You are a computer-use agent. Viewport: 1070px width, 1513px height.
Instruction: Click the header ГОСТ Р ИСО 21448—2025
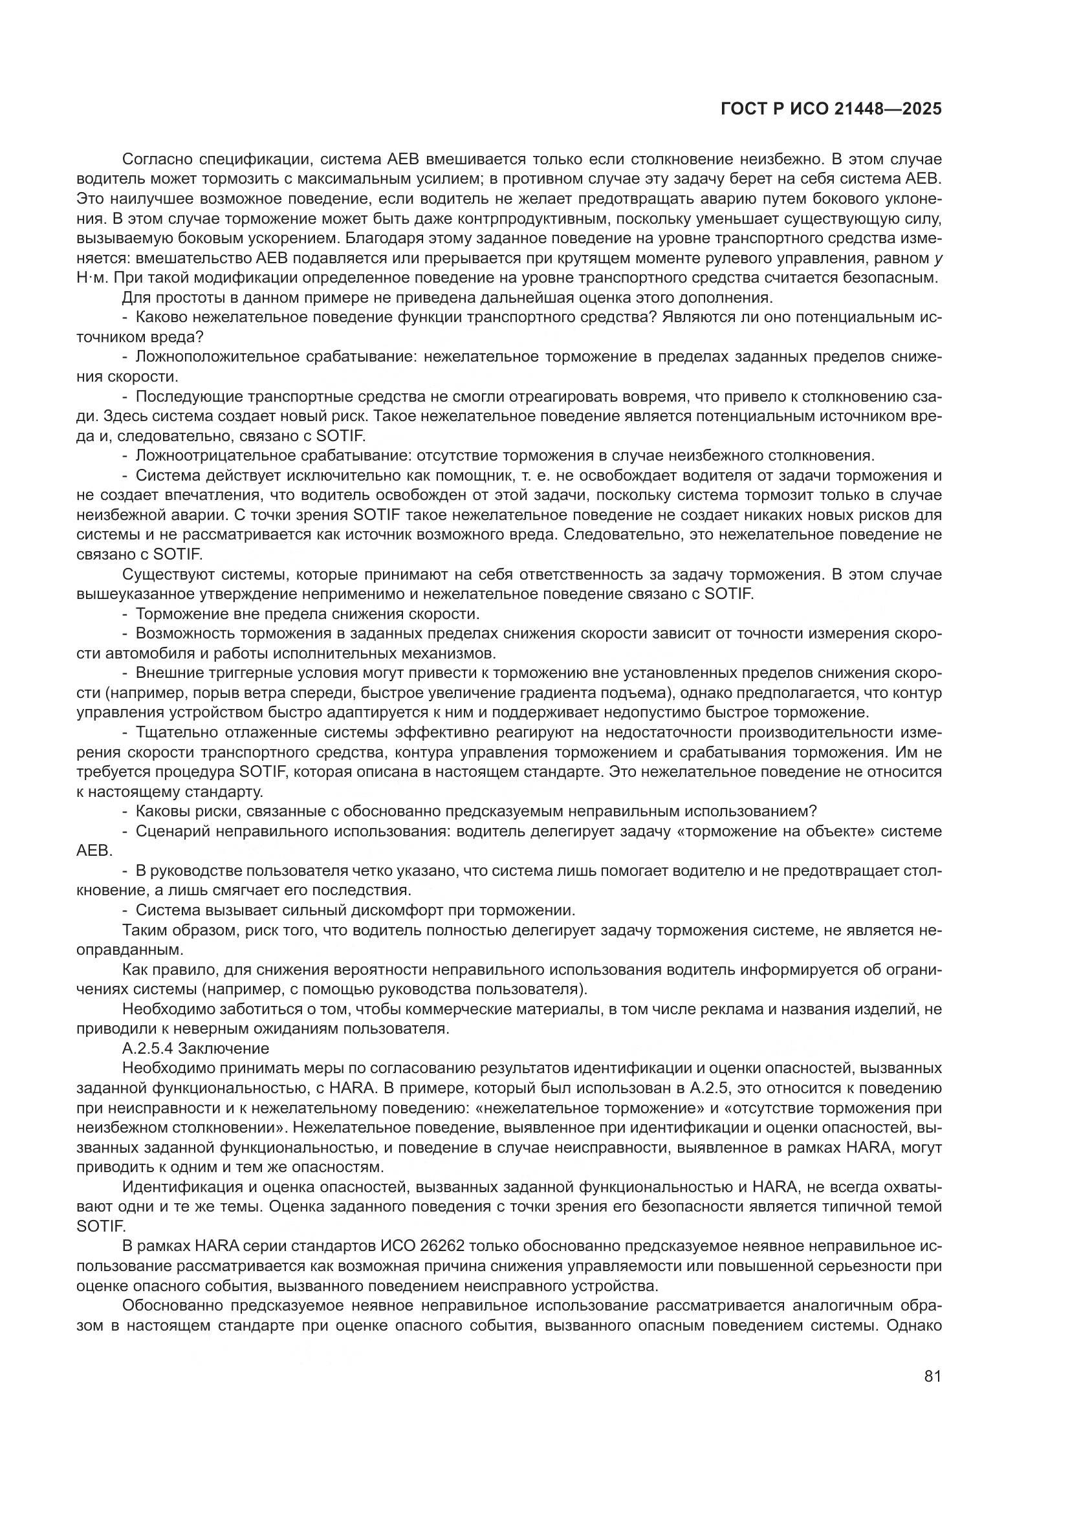click(831, 109)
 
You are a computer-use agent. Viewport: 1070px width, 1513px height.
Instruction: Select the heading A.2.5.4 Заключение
click(195, 1048)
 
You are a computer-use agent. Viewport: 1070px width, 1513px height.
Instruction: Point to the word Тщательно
click(171, 732)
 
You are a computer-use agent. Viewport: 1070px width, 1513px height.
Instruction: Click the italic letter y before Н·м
click(937, 258)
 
